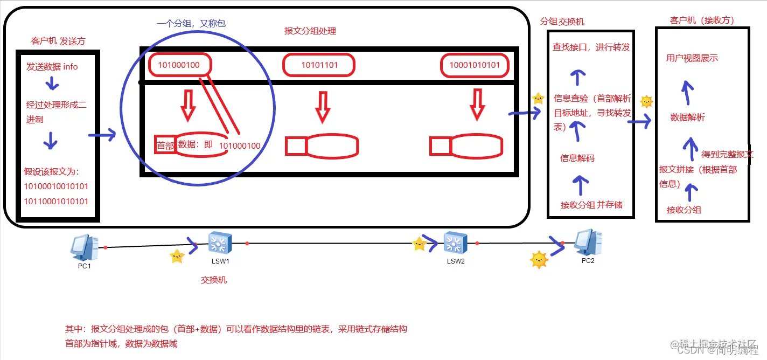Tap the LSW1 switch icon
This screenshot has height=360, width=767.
point(220,243)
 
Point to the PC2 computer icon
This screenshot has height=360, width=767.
point(588,243)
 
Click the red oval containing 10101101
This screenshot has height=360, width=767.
point(319,65)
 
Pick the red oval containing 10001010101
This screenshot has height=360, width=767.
point(474,65)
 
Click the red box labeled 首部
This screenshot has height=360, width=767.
point(165,146)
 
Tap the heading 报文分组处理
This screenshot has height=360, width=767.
point(310,31)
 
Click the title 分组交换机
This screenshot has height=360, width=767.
point(562,22)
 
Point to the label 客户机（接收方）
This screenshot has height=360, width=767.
point(702,20)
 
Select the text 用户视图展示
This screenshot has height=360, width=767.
point(692,58)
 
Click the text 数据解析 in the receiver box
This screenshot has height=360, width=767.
point(687,117)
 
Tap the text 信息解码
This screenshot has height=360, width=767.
point(577,158)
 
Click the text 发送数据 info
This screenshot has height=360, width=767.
point(52,67)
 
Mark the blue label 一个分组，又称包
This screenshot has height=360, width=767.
point(191,24)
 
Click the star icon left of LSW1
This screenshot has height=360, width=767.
point(177,257)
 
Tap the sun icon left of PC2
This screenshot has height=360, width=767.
point(539,260)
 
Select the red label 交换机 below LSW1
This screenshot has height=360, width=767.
point(214,280)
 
